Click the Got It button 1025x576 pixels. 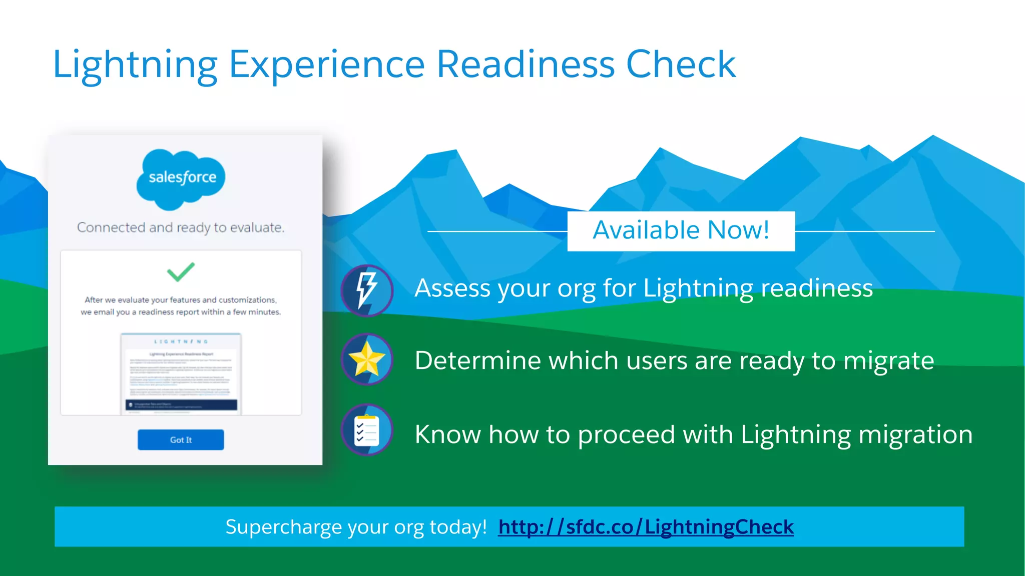point(181,439)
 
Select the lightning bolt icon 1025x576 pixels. point(367,290)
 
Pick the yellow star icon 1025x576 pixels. point(367,359)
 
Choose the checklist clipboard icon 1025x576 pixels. point(367,430)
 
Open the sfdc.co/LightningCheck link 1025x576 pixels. point(646,527)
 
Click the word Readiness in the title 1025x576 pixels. point(526,64)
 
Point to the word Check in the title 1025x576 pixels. point(681,64)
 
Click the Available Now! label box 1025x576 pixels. point(681,231)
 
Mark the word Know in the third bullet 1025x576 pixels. point(447,434)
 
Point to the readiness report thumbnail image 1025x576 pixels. point(181,373)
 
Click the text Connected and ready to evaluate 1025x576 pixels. point(181,228)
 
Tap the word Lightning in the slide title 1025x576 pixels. point(135,65)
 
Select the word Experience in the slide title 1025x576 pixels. point(327,65)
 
